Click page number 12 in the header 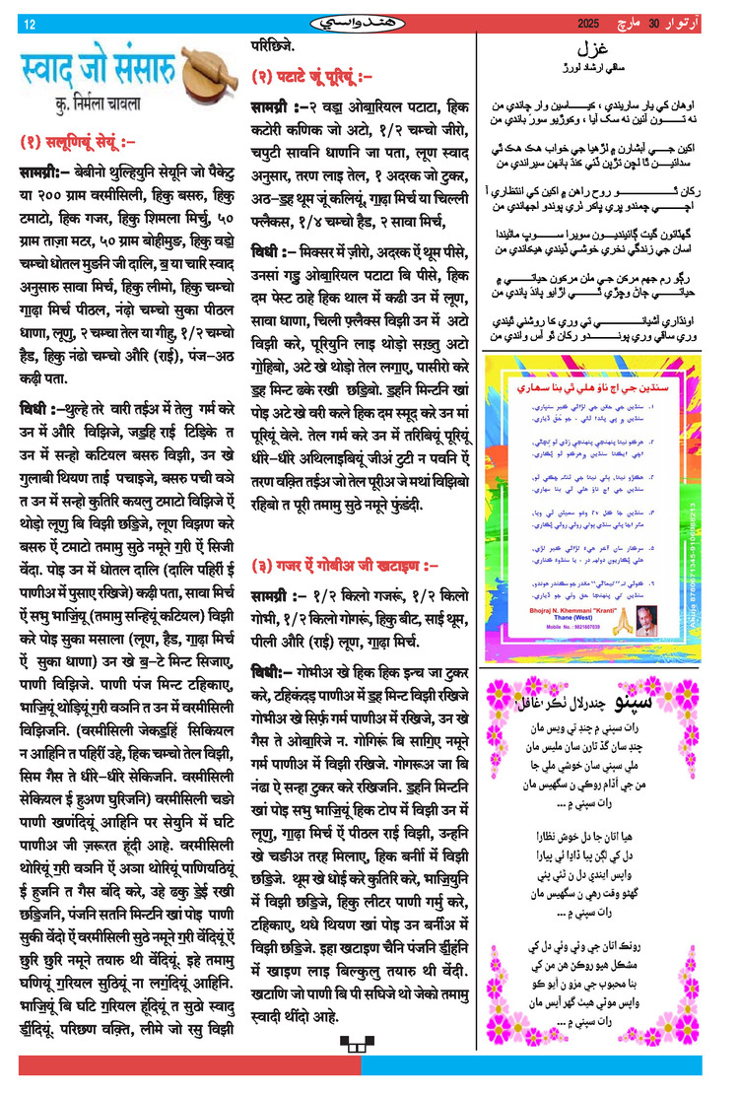pyautogui.click(x=30, y=25)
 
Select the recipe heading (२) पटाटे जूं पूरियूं pyautogui.click(x=311, y=76)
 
